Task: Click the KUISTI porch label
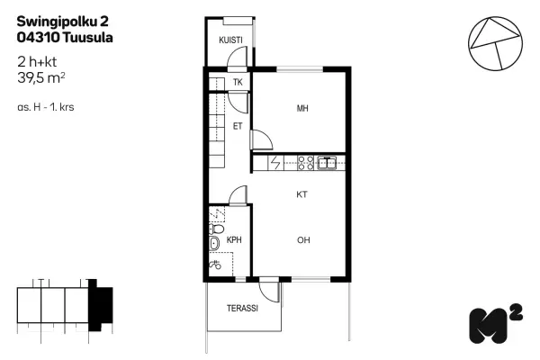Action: [230, 40]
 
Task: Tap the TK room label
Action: [238, 82]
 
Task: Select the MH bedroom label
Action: [302, 109]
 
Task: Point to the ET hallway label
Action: [238, 126]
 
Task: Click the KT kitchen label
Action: [301, 194]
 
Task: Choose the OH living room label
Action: [303, 240]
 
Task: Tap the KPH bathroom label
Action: [234, 239]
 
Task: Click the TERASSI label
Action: [242, 308]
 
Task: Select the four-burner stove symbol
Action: [306, 163]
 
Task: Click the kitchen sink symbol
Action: [327, 163]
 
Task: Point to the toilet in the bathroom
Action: [216, 229]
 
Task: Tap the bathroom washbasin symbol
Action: [214, 243]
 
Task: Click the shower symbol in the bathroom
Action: [215, 265]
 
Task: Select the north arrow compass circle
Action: [495, 44]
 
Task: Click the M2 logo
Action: [496, 323]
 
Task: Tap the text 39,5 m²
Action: [41, 78]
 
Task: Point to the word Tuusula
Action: [88, 37]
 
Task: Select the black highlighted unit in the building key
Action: [100, 305]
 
